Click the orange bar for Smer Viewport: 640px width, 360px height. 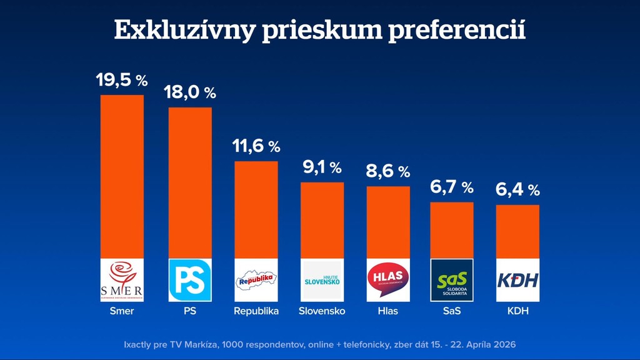[122, 176]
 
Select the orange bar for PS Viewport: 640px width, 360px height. [190, 182]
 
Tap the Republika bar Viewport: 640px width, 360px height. [256, 209]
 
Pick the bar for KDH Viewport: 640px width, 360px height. [517, 231]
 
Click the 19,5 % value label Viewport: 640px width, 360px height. [122, 80]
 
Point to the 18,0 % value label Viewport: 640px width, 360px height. [190, 92]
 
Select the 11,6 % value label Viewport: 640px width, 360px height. [256, 147]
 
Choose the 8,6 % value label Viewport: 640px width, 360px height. [388, 171]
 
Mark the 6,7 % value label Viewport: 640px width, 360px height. [451, 187]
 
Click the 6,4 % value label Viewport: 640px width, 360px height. [517, 189]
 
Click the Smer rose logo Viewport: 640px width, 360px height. [122, 280]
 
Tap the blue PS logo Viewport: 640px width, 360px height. [190, 280]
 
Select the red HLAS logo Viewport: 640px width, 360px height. [388, 280]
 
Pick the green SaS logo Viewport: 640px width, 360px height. [452, 280]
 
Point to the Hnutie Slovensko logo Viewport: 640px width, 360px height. [322, 280]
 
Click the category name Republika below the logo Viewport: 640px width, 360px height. [256, 311]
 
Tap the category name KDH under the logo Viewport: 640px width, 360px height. [517, 311]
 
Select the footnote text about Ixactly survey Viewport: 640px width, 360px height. [319, 344]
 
